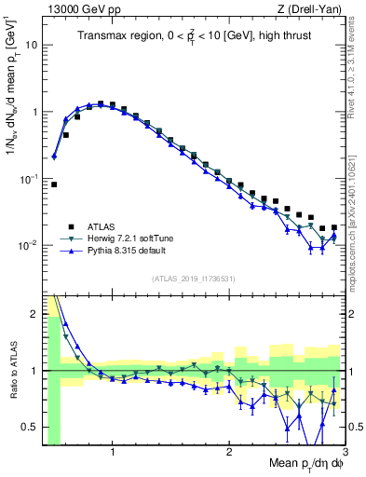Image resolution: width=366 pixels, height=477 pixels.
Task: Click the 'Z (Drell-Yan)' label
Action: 312,9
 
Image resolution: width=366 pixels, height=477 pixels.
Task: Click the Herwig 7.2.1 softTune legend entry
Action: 129,239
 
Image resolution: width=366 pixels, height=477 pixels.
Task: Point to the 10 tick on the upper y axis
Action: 31,45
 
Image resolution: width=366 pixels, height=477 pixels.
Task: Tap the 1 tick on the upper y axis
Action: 34,112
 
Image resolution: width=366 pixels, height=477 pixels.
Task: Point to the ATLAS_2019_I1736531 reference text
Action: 194,279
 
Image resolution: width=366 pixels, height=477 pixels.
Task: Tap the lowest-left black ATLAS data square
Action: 54,184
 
